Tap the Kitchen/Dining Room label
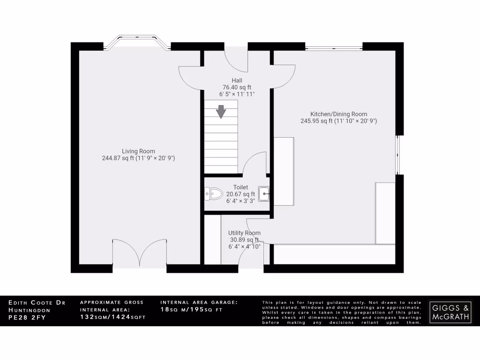pyautogui.click(x=338, y=114)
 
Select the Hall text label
pyautogui.click(x=237, y=80)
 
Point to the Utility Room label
pyautogui.click(x=244, y=233)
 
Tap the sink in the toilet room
pyautogui.click(x=264, y=193)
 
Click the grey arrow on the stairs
pyautogui.click(x=221, y=112)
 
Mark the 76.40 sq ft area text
pyautogui.click(x=237, y=87)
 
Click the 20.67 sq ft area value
pyautogui.click(x=240, y=194)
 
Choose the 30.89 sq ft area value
pyautogui.click(x=244, y=240)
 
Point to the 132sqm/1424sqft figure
pyautogui.click(x=113, y=317)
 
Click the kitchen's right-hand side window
pyautogui.click(x=398, y=155)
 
